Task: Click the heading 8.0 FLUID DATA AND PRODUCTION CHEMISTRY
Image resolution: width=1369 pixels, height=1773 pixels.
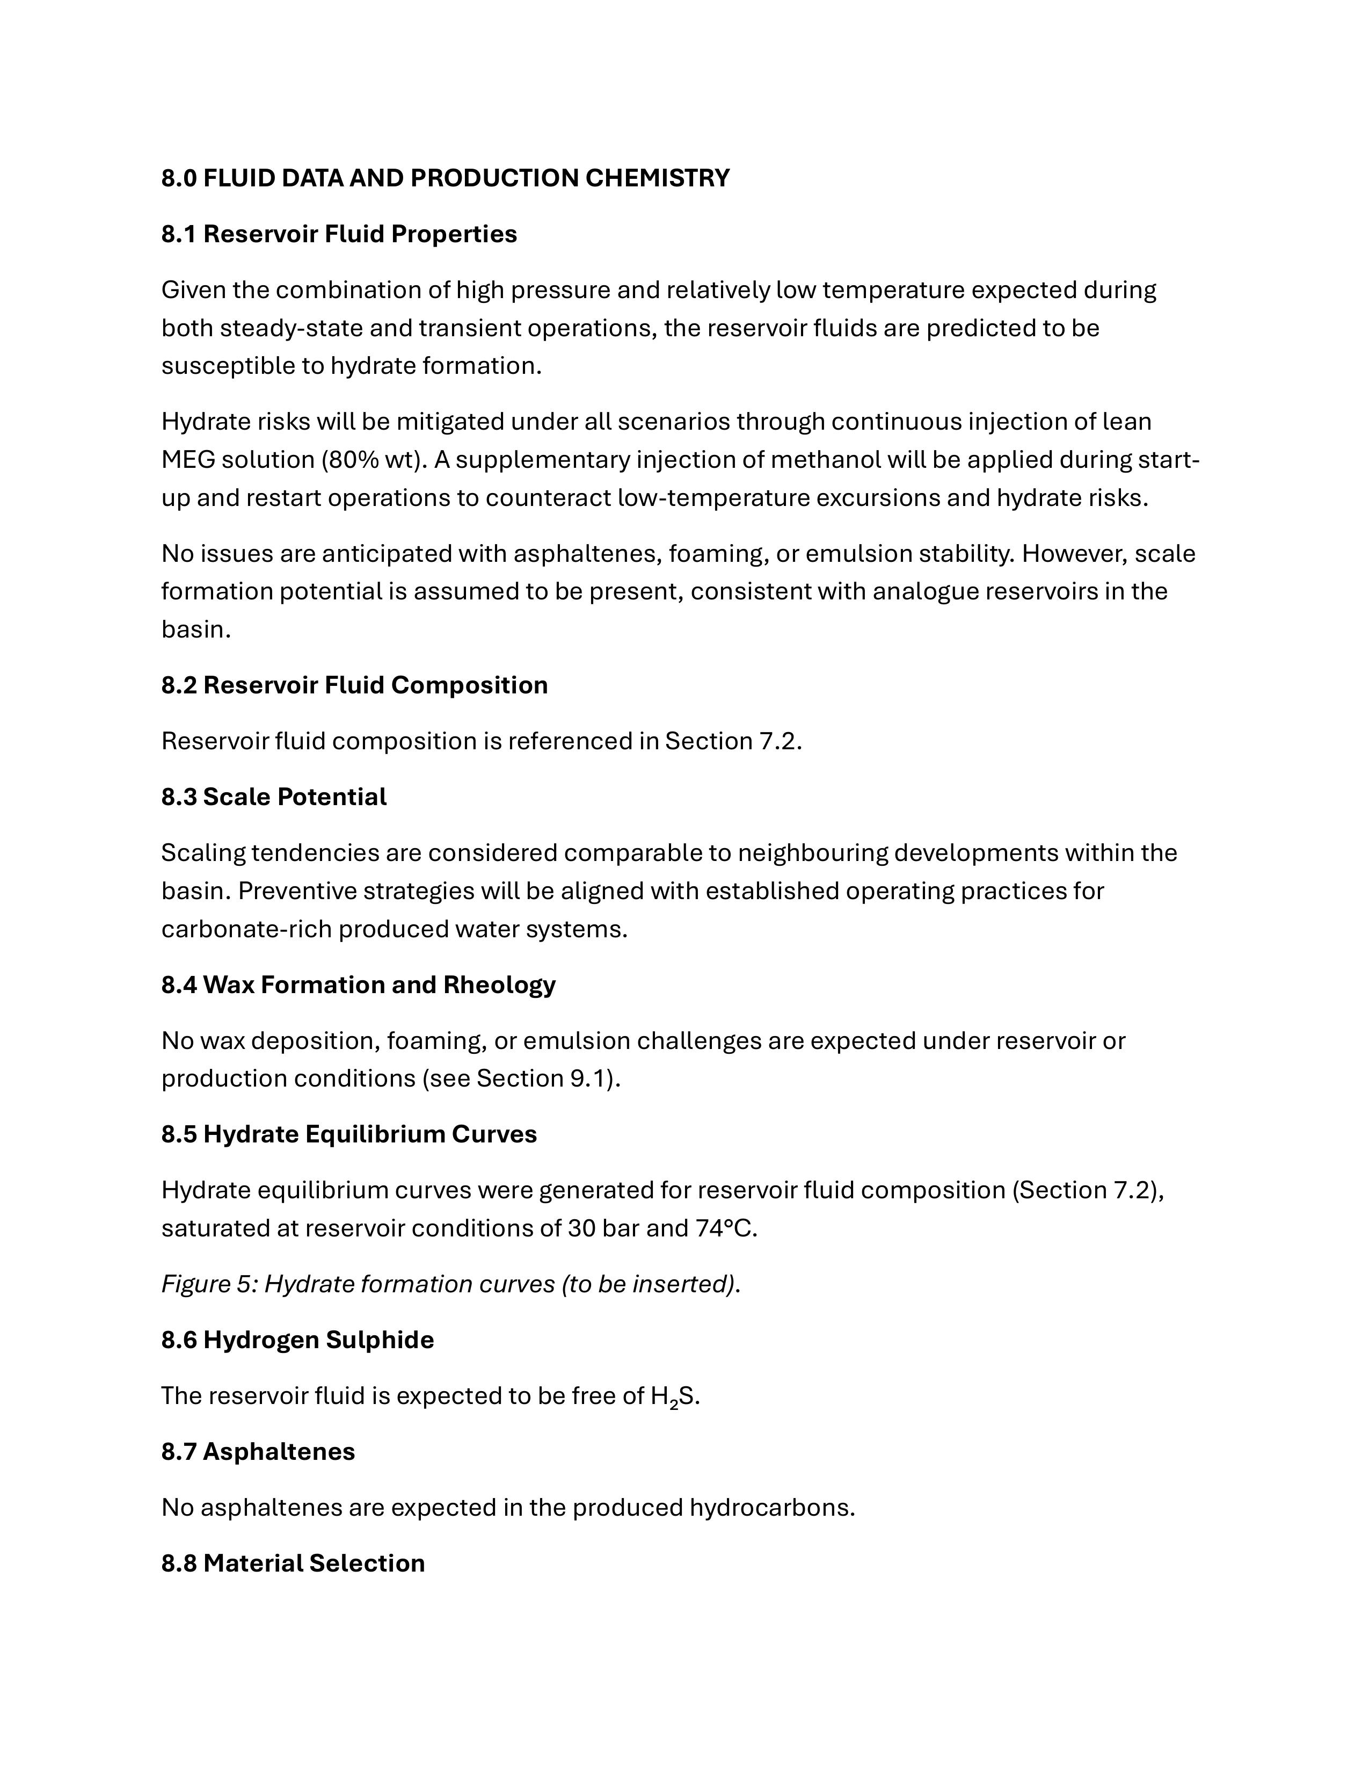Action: click(x=445, y=178)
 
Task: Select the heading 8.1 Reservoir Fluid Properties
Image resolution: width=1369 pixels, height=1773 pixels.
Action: click(x=338, y=234)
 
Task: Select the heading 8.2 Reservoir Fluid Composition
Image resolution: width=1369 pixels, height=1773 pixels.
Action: click(x=354, y=685)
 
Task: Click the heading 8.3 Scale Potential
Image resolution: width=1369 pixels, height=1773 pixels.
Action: click(x=273, y=797)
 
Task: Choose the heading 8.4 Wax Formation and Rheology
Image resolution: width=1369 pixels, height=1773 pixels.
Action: click(x=358, y=985)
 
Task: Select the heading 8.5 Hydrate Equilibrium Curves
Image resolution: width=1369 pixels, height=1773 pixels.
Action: click(x=349, y=1134)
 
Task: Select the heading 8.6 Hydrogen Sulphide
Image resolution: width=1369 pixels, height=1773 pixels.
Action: click(x=297, y=1340)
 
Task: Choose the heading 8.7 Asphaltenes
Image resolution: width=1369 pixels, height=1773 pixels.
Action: click(x=258, y=1451)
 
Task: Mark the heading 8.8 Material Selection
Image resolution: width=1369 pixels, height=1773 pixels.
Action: click(x=293, y=1564)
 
